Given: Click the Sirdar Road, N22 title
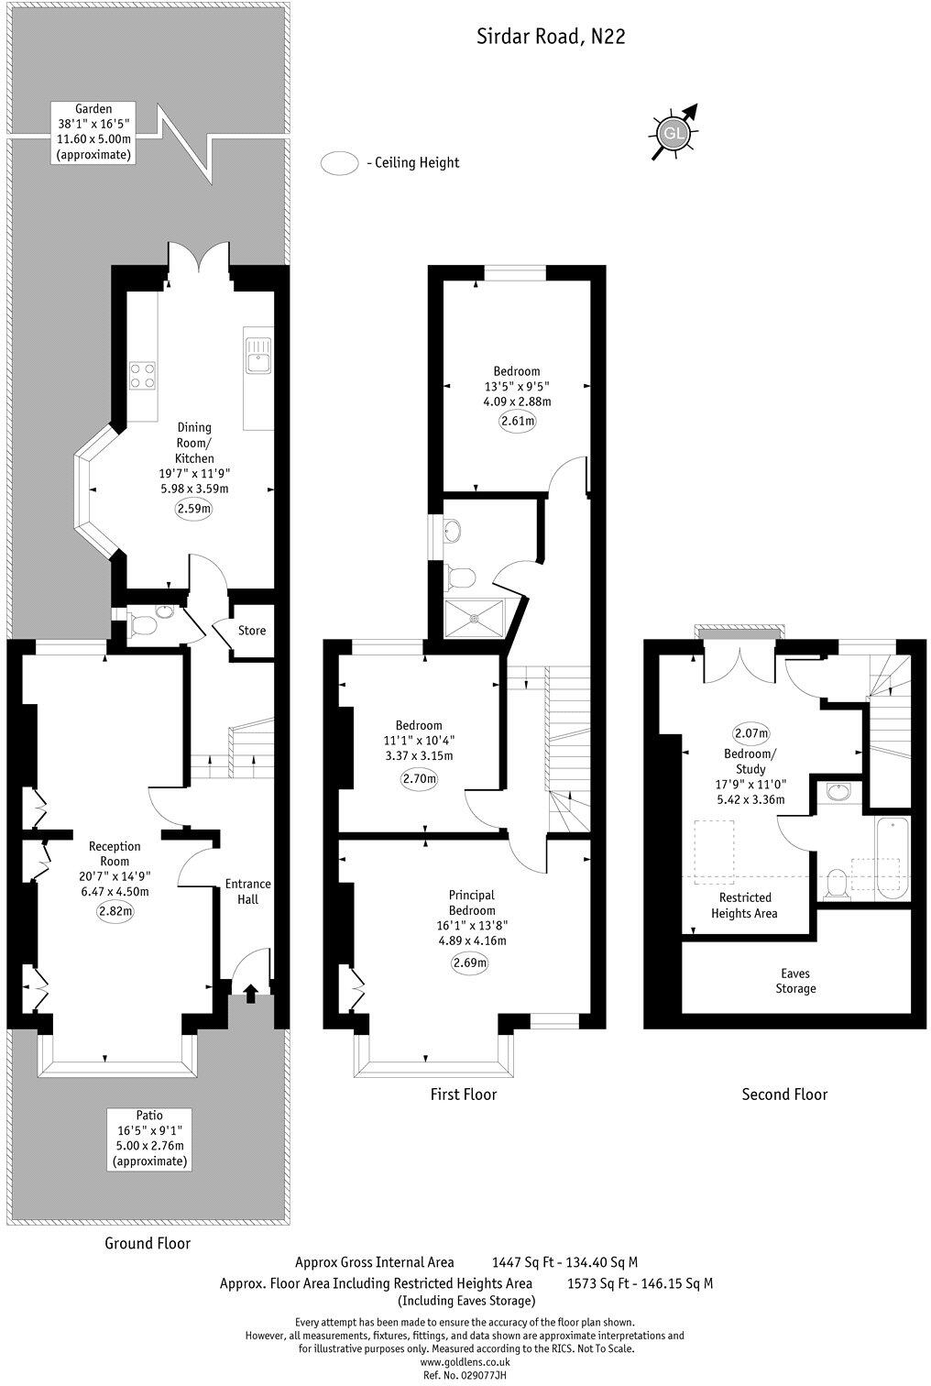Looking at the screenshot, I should tap(551, 37).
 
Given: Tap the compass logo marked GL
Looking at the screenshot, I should tap(674, 133).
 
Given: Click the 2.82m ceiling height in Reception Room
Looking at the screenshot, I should tap(115, 911).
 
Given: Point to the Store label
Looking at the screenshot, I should tap(252, 631).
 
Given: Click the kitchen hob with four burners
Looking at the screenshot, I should tap(142, 375).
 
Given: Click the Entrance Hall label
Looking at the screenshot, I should tap(248, 891).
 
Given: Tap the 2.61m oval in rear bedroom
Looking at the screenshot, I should tap(517, 421).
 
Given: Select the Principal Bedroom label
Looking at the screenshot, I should tap(472, 902).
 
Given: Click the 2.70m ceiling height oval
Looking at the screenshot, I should tap(420, 778).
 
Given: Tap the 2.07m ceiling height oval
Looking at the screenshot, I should tap(750, 732).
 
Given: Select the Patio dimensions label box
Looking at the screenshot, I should tap(149, 1139).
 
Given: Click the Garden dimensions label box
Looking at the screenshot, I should tap(93, 132).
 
